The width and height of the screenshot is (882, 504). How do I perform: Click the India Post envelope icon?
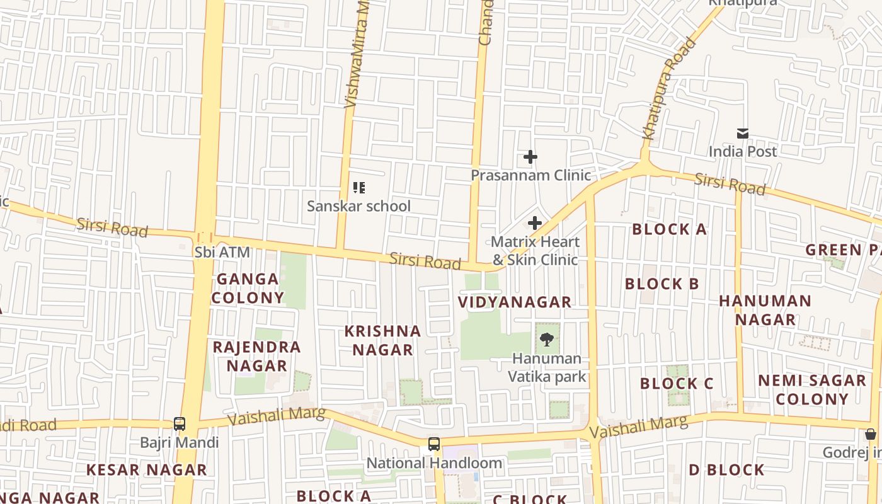743,134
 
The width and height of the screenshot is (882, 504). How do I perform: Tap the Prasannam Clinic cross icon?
530,157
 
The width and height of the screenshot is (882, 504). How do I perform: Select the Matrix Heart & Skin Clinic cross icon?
535,223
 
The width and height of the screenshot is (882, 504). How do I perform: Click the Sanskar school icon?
358,188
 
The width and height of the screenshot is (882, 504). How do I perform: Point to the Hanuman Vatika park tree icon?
547,340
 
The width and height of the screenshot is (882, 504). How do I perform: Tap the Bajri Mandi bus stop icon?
180,424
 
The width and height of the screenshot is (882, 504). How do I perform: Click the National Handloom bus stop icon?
434,444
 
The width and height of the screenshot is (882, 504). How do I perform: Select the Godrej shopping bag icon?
870,434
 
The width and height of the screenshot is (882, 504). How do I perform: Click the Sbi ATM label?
222,253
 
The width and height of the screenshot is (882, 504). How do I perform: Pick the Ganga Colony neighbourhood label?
248,288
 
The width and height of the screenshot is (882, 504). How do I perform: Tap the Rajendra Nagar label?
256,356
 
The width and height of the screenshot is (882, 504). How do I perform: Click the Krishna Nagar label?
382,340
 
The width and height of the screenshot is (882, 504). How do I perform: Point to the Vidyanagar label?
515,302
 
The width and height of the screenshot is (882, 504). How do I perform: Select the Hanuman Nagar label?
765,310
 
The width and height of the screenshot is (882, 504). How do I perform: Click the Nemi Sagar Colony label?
812,389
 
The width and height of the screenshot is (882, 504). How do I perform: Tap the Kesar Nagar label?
146,470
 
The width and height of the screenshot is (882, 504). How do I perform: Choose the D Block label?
726,470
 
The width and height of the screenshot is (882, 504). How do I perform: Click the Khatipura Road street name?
669,88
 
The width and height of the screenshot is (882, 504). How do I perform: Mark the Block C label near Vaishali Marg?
677,384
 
